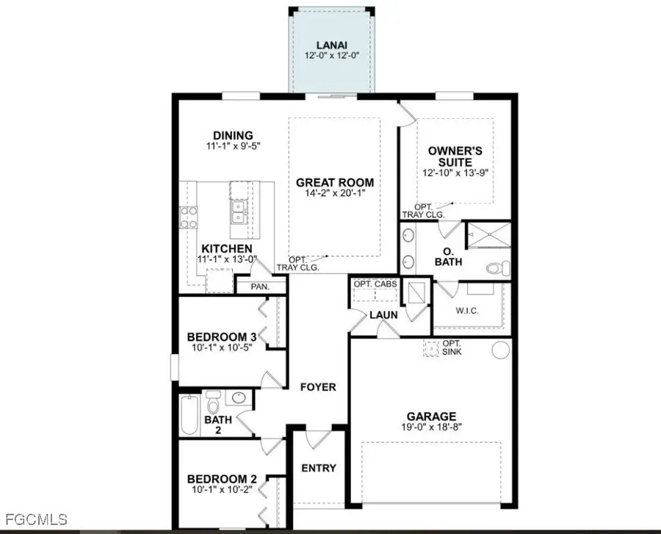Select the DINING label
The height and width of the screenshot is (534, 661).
pos(233,135)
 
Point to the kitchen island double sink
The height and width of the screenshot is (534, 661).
pos(238,214)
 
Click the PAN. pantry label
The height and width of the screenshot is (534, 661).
pos(260,286)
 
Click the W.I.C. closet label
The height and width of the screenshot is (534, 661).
pos(466,311)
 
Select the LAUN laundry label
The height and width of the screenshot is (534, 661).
pos(383,314)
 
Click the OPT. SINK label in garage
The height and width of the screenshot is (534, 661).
pos(452,347)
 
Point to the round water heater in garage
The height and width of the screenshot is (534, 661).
pos(500,350)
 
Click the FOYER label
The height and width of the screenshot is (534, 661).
pos(318,386)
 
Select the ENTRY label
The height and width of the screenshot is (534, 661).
pos(319,468)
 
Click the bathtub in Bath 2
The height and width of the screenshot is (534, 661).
pos(190,415)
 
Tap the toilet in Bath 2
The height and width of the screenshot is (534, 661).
pos(213,403)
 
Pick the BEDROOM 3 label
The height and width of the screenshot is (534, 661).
pos(221,336)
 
